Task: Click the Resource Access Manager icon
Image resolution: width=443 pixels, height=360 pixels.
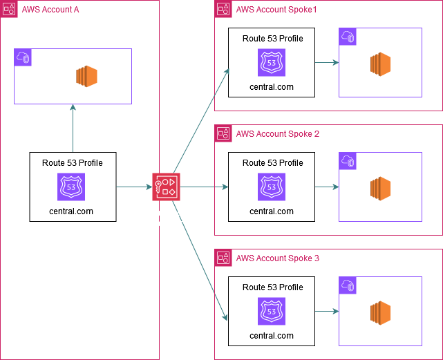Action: pos(167,187)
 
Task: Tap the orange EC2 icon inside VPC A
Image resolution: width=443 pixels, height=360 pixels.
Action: pos(86,76)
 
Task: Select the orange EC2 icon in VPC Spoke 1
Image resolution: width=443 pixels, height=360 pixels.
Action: pos(381,64)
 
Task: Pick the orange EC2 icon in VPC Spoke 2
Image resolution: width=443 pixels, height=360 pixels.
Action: pos(381,189)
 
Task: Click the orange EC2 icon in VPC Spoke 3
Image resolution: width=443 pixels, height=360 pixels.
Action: pos(381,313)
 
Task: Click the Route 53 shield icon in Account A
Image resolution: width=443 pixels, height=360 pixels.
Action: pos(72,187)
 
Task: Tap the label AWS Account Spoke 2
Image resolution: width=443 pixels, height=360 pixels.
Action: pos(278,134)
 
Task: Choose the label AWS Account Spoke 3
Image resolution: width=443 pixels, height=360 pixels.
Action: pos(278,258)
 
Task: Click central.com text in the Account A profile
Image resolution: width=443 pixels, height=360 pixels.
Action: pos(72,211)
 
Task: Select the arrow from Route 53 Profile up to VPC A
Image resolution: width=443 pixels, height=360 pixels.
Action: pos(73,129)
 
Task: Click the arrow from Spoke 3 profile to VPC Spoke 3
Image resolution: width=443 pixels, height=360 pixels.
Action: pos(326,312)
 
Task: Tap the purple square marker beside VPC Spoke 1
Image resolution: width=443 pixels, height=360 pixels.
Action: pos(347,37)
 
